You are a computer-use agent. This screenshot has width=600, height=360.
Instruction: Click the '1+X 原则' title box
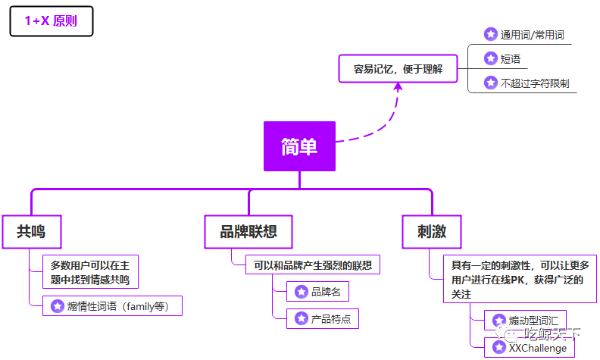pyautogui.click(x=51, y=21)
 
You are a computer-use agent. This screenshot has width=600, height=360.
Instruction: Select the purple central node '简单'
pyautogui.click(x=299, y=146)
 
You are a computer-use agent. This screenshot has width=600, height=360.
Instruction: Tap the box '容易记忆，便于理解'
pyautogui.click(x=398, y=68)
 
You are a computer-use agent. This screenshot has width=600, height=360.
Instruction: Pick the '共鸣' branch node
pyautogui.click(x=31, y=231)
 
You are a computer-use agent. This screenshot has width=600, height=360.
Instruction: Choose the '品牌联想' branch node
pyautogui.click(x=248, y=231)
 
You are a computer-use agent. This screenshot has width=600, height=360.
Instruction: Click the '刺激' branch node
pyautogui.click(x=432, y=231)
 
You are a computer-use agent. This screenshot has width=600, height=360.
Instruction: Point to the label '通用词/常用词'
pyautogui.click(x=532, y=35)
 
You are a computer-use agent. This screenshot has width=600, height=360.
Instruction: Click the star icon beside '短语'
pyautogui.click(x=490, y=59)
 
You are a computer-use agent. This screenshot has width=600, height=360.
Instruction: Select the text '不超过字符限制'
pyautogui.click(x=535, y=83)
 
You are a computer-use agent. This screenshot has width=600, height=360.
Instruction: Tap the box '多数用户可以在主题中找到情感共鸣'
pyautogui.click(x=90, y=273)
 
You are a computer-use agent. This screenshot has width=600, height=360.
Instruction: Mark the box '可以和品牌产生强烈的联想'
pyautogui.click(x=313, y=265)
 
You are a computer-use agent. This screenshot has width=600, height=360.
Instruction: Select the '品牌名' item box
pyautogui.click(x=318, y=292)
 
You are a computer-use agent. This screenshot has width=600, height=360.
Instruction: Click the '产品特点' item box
pyautogui.click(x=323, y=318)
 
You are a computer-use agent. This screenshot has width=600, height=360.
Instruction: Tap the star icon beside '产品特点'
pyautogui.click(x=301, y=318)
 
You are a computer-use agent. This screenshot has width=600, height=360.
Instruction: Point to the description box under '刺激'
pyautogui.click(x=520, y=279)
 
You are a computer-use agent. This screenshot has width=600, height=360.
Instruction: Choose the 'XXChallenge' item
pyautogui.click(x=530, y=348)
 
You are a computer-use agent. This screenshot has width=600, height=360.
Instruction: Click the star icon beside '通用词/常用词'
pyautogui.click(x=490, y=35)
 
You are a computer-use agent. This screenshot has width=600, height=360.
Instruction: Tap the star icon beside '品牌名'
pyautogui.click(x=301, y=292)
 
